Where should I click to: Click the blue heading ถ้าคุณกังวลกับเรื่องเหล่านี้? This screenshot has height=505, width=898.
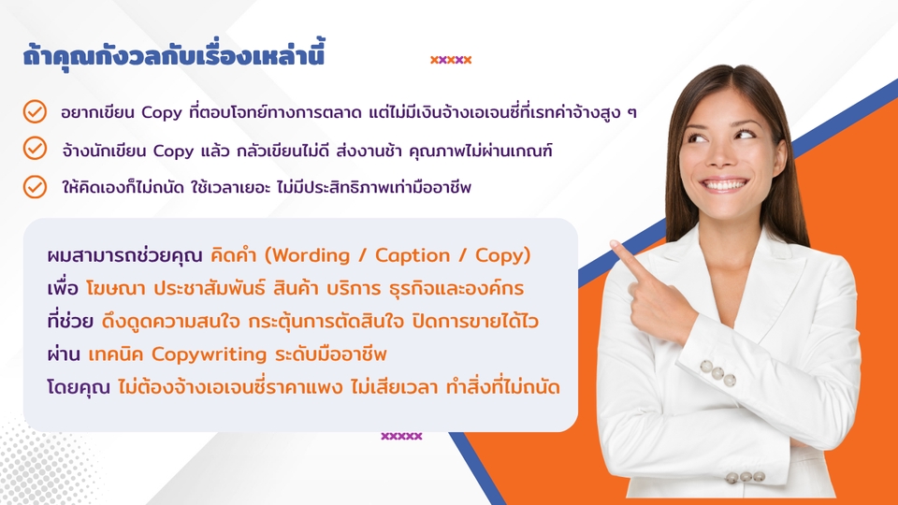click(174, 56)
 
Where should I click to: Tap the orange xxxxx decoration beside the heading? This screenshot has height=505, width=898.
click(451, 60)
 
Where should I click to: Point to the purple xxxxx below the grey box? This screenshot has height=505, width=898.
click(401, 437)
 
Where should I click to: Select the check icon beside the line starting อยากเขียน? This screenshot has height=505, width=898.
click(35, 111)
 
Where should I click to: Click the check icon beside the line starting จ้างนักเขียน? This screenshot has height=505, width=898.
click(35, 149)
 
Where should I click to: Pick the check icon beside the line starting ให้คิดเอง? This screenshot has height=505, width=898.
click(35, 187)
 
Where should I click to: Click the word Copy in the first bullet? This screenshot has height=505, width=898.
click(162, 113)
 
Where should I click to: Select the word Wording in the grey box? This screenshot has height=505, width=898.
click(311, 255)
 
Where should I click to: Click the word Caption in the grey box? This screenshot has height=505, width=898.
click(413, 255)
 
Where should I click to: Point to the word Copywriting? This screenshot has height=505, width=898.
click(209, 354)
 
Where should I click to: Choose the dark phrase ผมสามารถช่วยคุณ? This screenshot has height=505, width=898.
click(124, 255)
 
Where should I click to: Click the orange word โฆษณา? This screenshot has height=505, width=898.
click(115, 289)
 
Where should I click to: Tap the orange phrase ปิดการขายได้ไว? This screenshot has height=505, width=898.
click(475, 322)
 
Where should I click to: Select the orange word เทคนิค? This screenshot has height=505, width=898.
click(116, 354)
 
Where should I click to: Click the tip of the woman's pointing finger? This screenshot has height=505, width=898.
click(614, 245)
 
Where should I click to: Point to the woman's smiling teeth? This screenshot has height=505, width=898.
click(724, 185)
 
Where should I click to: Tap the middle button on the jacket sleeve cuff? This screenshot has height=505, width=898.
click(717, 373)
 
